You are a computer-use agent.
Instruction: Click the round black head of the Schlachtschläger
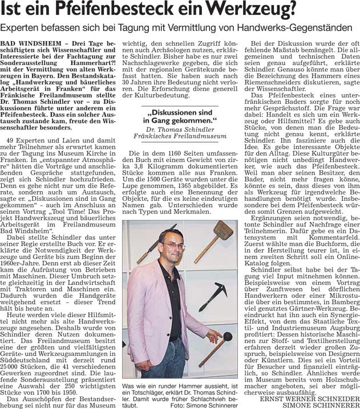(228, 337)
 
